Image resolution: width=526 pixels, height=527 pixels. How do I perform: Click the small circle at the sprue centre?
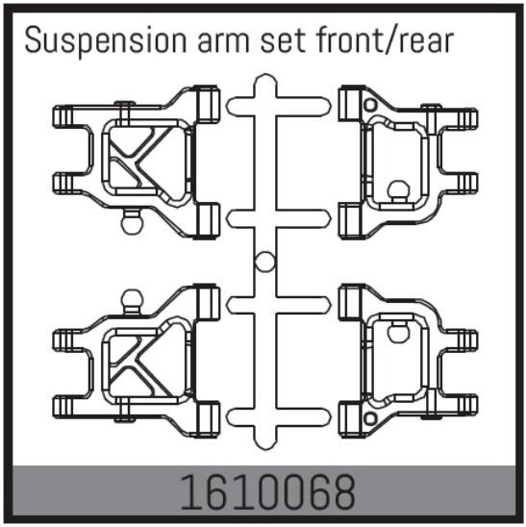click(263, 260)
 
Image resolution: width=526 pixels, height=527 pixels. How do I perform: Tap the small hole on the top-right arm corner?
click(371, 101)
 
